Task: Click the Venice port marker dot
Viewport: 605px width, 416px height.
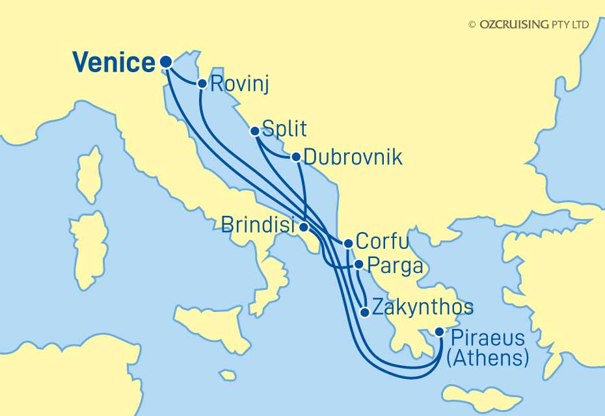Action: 165,62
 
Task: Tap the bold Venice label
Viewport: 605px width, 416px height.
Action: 114,63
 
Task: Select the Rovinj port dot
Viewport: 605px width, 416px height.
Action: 202,83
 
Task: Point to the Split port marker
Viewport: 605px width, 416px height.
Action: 255,131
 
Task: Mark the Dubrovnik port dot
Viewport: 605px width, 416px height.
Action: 296,157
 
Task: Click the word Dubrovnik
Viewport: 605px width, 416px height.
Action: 353,157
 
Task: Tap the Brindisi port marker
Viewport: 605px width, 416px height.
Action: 304,227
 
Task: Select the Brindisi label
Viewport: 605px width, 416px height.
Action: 258,225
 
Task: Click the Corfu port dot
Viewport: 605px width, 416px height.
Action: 348,244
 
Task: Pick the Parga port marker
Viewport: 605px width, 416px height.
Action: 358,265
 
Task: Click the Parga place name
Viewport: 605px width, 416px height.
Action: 396,266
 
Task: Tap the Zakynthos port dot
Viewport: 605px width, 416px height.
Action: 366,312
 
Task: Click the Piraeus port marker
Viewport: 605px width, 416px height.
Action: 440,331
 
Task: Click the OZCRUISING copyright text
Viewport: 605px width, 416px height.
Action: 528,24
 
